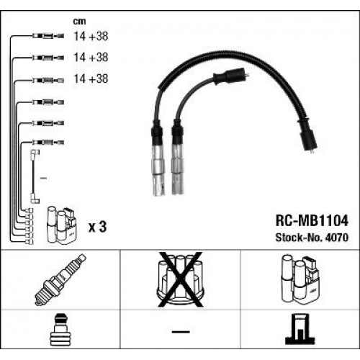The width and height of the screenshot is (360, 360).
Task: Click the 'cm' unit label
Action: (x=81, y=21)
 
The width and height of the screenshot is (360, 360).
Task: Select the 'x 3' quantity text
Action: (x=96, y=227)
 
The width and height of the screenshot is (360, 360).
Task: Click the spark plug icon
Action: (x=60, y=280)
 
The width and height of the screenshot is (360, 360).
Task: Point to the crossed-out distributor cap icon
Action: (x=179, y=279)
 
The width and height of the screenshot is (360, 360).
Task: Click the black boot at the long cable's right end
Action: (x=310, y=137)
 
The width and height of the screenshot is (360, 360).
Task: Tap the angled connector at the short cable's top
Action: (x=233, y=74)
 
